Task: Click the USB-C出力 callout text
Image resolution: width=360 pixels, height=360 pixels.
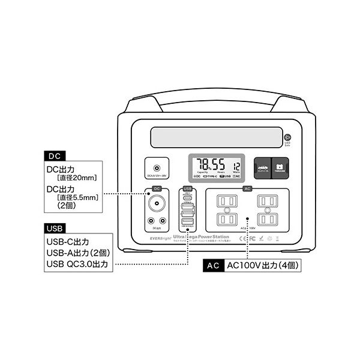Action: pyautogui.click(x=67, y=241)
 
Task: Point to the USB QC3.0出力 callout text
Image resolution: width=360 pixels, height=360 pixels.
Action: pyautogui.click(x=77, y=263)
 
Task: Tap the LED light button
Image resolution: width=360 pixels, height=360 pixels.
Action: pyautogui.click(x=287, y=137)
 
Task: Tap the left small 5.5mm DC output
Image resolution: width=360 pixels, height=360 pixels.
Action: pyautogui.click(x=149, y=220)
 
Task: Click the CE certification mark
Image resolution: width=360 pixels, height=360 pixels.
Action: pyautogui.click(x=242, y=238)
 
